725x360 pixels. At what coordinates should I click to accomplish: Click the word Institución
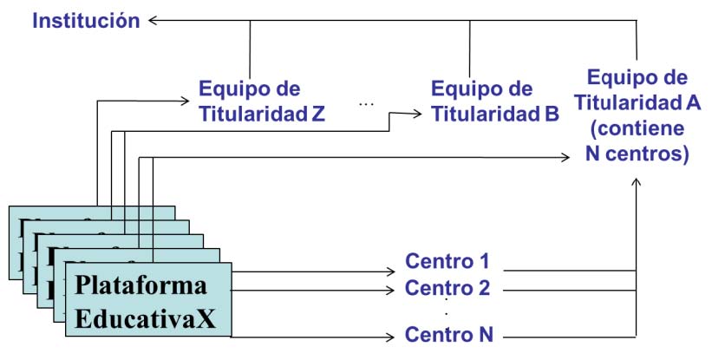[86, 20]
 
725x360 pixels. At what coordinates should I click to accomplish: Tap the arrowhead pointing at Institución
[153, 20]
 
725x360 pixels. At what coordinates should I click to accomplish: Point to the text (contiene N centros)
[637, 143]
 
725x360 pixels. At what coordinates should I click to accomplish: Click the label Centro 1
[447, 260]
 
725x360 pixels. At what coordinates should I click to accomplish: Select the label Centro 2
[447, 288]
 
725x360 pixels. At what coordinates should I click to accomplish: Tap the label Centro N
[447, 334]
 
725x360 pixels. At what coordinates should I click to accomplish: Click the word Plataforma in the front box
[141, 285]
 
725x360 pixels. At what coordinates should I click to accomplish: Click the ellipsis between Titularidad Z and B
[365, 104]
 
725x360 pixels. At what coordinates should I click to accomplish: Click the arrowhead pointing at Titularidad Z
[185, 101]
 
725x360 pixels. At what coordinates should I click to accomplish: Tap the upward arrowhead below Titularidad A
[637, 181]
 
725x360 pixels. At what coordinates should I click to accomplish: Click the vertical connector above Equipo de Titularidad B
[470, 48]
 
